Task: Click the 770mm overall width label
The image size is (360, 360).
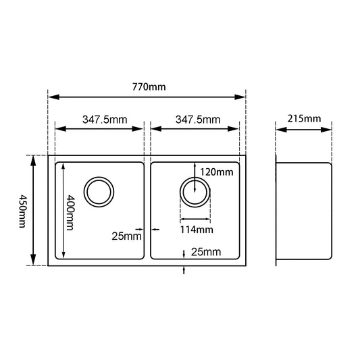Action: (x=151, y=86)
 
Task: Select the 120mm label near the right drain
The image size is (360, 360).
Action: (x=216, y=172)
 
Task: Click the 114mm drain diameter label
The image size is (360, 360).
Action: (x=196, y=230)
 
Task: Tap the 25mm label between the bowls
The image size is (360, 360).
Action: (x=127, y=236)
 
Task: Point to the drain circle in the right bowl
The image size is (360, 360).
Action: (x=195, y=191)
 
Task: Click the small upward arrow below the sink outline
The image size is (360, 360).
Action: (x=186, y=270)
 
